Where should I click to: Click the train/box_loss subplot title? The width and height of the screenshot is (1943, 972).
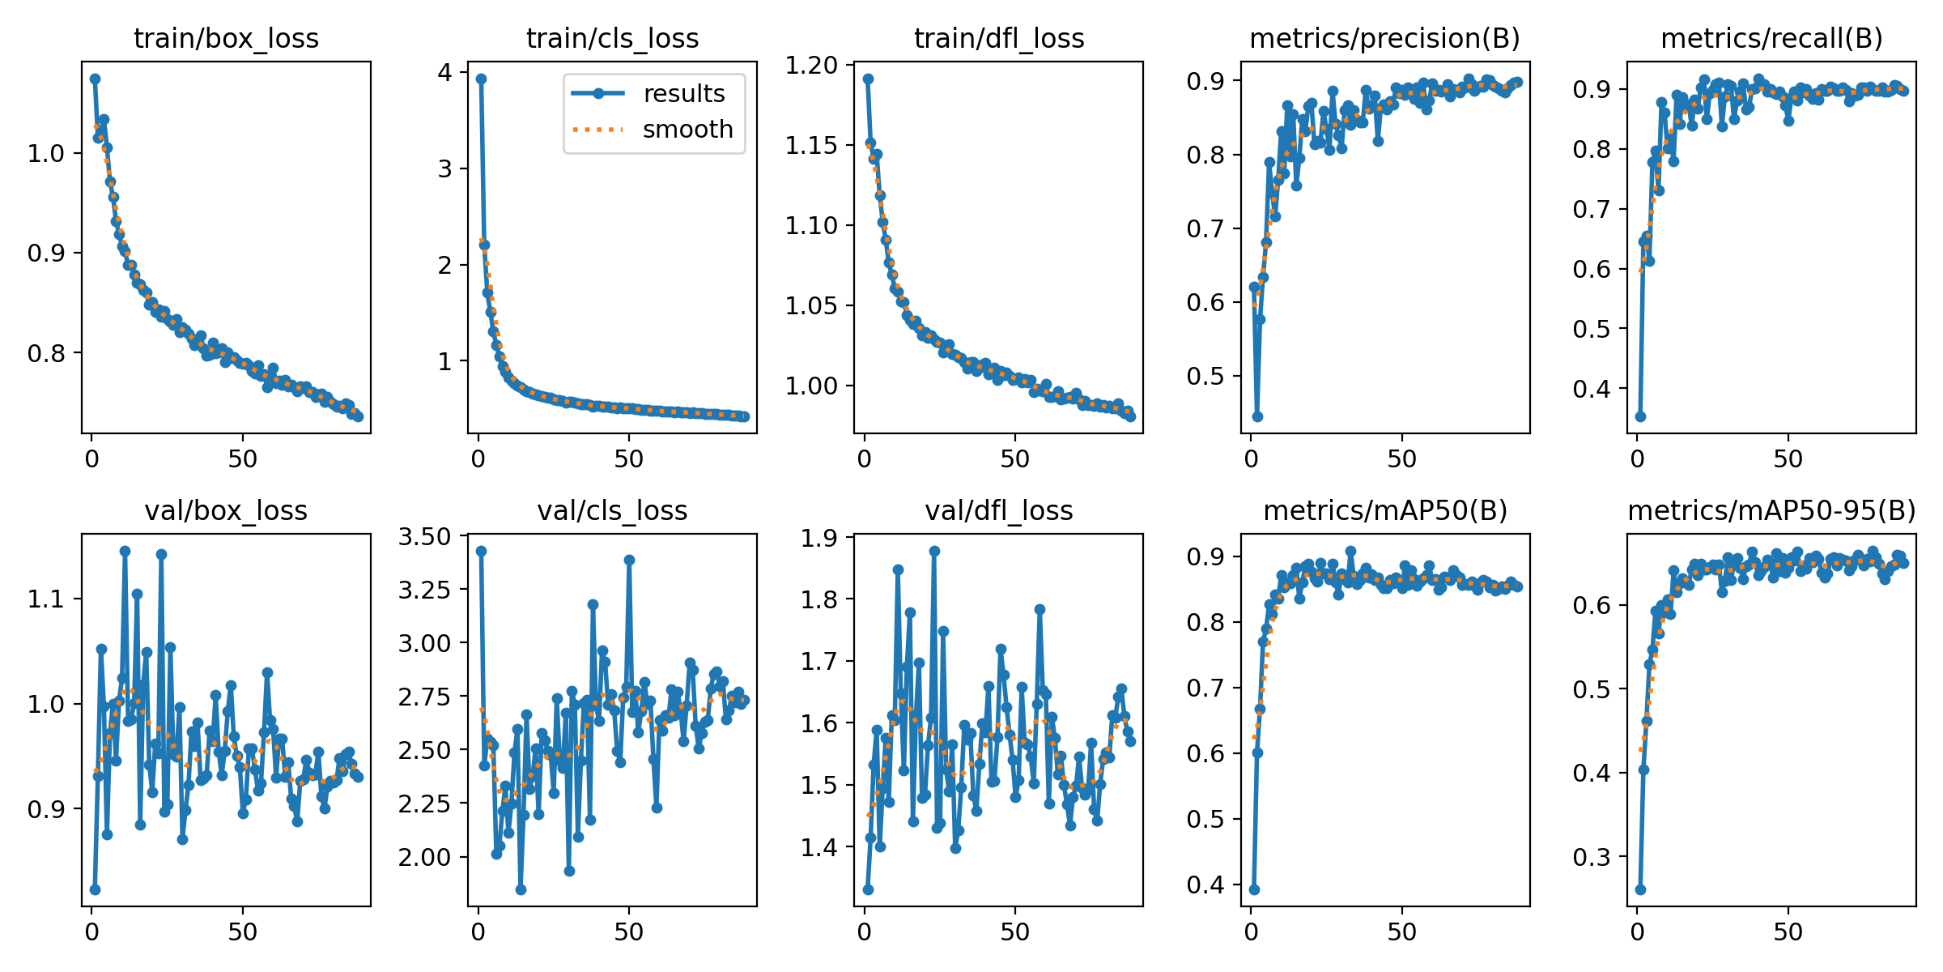click(226, 39)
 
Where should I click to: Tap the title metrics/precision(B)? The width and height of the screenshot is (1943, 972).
click(1384, 39)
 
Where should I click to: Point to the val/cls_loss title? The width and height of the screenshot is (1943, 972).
click(612, 511)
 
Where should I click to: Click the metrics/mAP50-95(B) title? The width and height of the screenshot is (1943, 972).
click(1771, 511)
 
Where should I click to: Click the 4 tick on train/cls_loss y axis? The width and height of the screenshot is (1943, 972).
click(444, 72)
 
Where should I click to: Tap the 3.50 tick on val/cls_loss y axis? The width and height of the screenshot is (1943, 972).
click(424, 536)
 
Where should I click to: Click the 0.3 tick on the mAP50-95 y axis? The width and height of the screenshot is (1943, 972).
click(1593, 857)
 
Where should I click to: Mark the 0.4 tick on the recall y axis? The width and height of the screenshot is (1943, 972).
click(1593, 389)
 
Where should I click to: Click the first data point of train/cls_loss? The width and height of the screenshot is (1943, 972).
click(481, 79)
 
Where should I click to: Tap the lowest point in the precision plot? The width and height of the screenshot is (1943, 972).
click(1257, 416)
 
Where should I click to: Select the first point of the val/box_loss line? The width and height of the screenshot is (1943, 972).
click(95, 889)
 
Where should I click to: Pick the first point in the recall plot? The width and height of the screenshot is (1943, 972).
click(1640, 416)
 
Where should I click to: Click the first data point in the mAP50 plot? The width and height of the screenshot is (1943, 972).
click(1254, 889)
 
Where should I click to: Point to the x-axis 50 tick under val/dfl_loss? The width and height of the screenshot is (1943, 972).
click(1014, 932)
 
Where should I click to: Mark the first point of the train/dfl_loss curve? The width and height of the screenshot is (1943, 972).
click(868, 79)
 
